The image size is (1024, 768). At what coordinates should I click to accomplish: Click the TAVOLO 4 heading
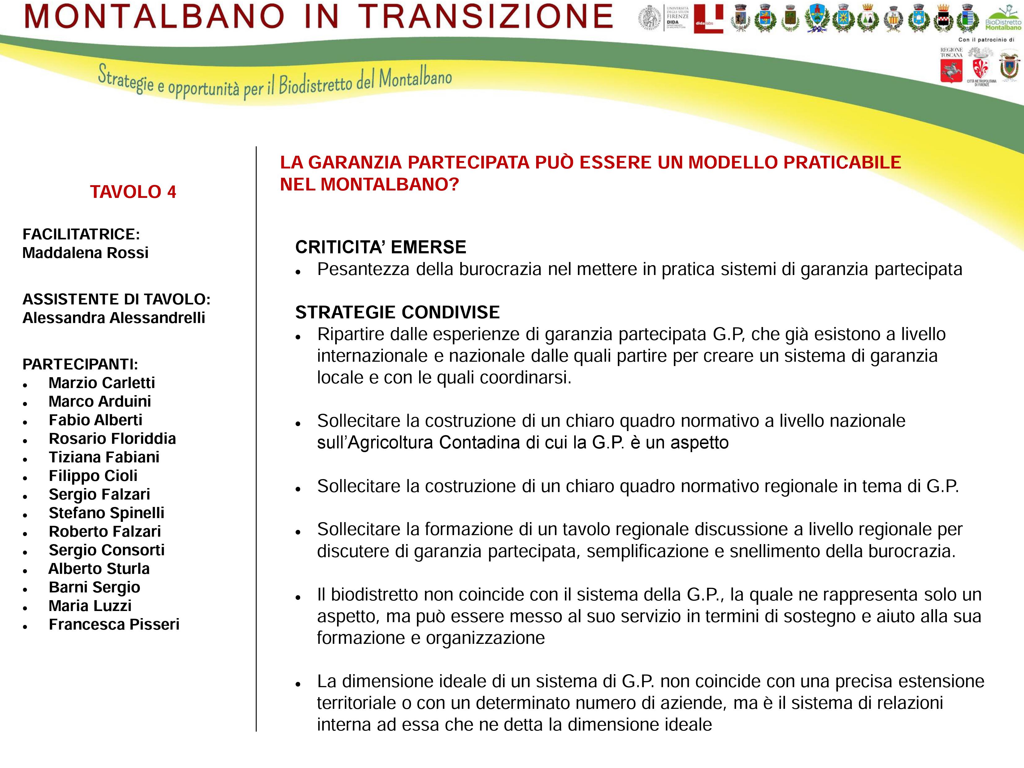133,192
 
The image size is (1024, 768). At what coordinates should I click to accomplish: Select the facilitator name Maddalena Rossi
85,253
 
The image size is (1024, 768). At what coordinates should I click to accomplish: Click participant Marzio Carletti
102,383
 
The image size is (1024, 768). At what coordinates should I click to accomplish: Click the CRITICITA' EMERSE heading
380,247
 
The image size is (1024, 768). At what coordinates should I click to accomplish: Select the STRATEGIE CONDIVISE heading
397,312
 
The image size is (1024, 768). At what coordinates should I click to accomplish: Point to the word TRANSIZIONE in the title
486,17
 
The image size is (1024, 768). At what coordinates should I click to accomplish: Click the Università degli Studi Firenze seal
650,19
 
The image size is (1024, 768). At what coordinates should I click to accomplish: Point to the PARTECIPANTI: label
80,364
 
